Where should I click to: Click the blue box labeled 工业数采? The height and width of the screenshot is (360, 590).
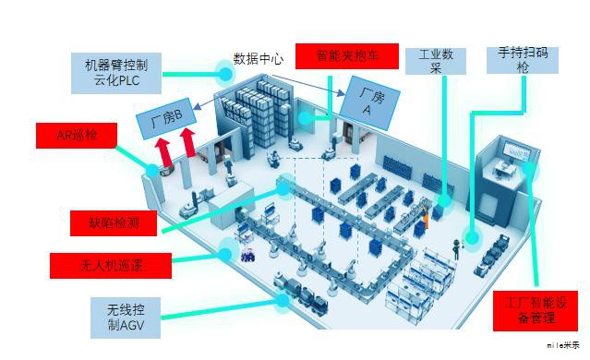tap(435, 61)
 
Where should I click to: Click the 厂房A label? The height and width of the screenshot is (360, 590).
tap(363, 97)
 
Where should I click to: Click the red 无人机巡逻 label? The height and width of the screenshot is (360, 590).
tap(112, 267)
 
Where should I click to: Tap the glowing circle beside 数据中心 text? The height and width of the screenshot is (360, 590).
tap(224, 70)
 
